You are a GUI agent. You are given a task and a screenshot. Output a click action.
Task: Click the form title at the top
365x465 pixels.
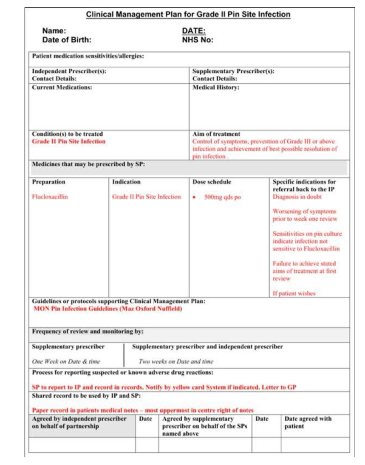coord(188,15)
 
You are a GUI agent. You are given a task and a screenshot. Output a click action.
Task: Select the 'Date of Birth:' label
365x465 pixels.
coord(67,40)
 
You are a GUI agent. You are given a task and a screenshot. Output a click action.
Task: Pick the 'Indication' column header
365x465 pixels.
coord(126,182)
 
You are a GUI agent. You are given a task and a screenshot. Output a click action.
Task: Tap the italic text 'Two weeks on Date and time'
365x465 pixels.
coord(176,362)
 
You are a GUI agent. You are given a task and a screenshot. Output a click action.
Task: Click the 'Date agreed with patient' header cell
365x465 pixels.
coord(308,422)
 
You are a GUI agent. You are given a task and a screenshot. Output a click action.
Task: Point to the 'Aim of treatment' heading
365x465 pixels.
coord(216,134)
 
